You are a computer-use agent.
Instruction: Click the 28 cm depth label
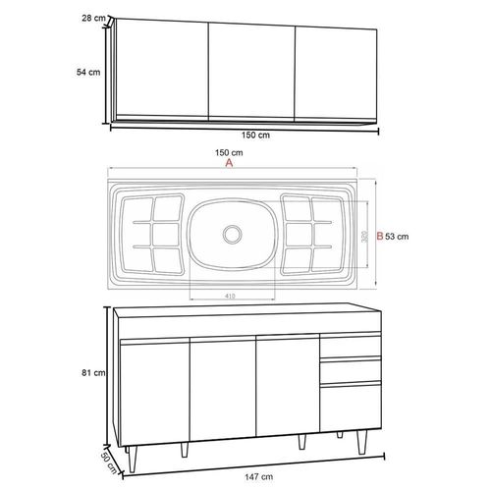93,18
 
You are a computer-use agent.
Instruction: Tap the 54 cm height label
88,72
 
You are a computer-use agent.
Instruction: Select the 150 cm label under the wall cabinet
255,135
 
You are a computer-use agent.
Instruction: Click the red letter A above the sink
229,163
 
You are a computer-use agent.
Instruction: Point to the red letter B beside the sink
380,236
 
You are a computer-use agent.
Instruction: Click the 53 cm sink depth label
397,237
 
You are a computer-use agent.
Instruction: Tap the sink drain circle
233,235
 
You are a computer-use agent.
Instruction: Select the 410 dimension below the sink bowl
230,296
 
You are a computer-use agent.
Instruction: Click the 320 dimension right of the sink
364,237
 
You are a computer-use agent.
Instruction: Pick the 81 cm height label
93,372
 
